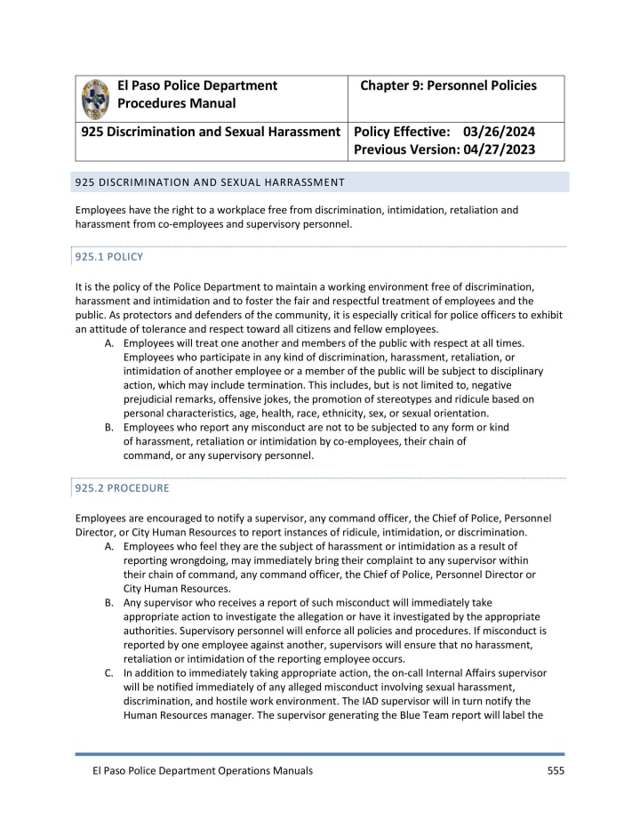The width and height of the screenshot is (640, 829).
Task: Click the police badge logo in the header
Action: pos(96,99)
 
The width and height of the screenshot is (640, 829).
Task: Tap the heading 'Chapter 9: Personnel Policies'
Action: pos(448,86)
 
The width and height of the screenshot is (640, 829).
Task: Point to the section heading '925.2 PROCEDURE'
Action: pos(122,488)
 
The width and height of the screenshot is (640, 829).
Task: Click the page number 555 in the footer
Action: pos(556,770)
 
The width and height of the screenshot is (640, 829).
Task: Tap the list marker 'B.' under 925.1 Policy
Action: pos(109,428)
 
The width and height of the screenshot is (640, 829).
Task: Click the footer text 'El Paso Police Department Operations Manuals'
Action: pos(194,770)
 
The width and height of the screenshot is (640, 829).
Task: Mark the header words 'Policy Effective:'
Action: pos(402,132)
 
